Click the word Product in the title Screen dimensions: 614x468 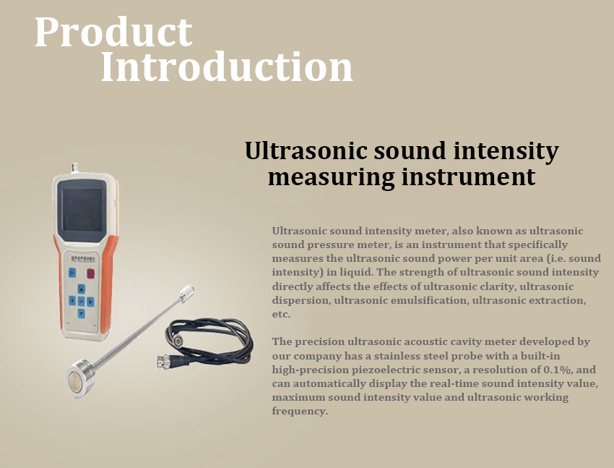point(113,32)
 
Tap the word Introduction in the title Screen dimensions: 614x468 point(227,67)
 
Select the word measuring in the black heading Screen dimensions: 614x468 point(332,178)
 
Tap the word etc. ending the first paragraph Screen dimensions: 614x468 point(281,315)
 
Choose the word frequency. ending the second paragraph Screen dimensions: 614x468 point(300,412)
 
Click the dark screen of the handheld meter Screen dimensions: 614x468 point(82,210)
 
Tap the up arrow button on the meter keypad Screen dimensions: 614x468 point(81,289)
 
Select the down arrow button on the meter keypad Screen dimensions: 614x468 point(81,313)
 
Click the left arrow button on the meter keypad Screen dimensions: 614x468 point(72,301)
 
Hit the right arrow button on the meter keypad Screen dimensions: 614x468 point(90,302)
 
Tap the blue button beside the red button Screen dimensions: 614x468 point(72,273)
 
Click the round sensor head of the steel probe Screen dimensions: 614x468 point(80,378)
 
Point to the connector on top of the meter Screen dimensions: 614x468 point(75,167)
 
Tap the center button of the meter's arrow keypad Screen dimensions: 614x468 point(81,301)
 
